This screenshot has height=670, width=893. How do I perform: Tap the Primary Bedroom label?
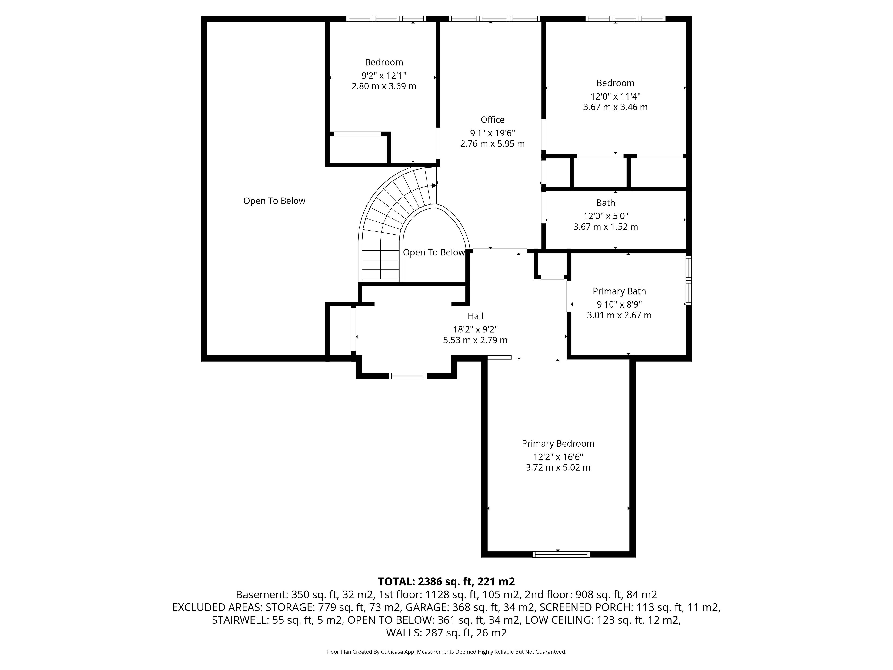click(558, 443)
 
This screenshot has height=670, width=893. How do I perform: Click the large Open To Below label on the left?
click(274, 201)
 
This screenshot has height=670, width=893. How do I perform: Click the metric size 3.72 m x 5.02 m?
click(558, 467)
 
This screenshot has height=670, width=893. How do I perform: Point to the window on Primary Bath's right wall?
click(689, 280)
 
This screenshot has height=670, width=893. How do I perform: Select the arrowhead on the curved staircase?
click(434, 185)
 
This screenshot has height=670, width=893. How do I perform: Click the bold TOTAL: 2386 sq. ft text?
click(425, 582)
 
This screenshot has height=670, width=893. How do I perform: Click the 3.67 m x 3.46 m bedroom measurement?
click(615, 107)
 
